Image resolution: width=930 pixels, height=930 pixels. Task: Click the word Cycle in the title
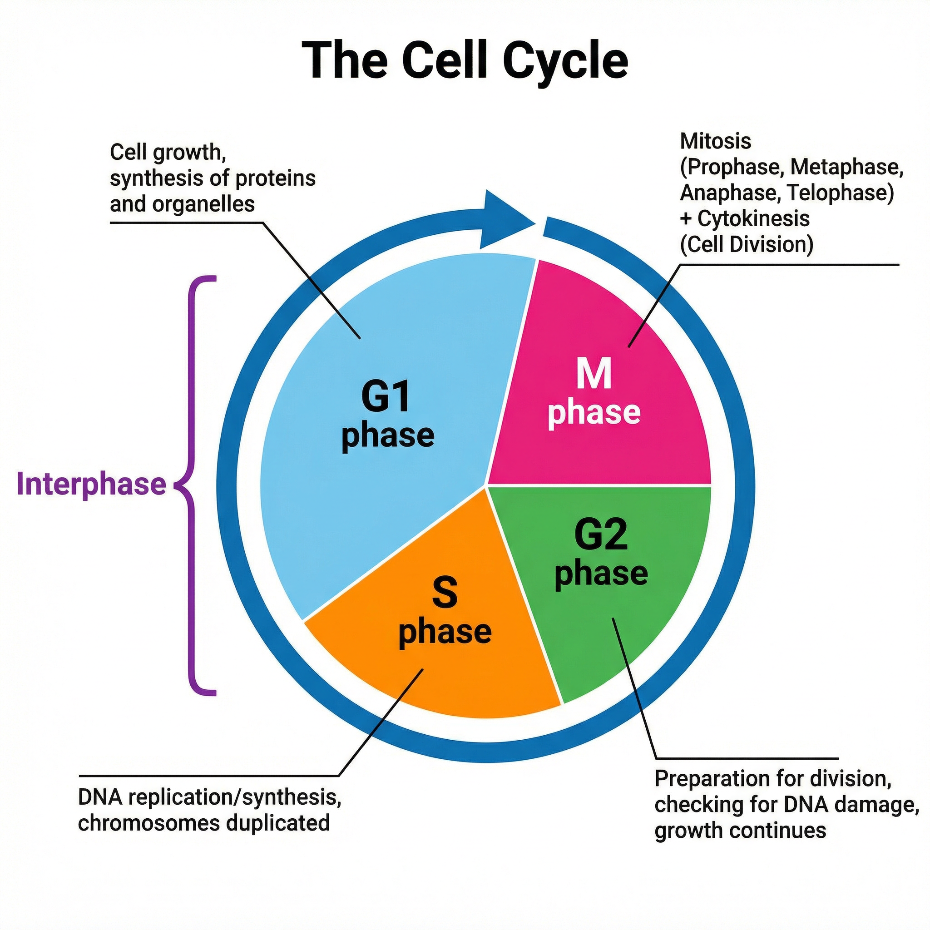click(x=566, y=61)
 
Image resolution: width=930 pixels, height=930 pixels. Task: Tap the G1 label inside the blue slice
click(x=386, y=396)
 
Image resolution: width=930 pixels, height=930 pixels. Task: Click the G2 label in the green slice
click(x=601, y=535)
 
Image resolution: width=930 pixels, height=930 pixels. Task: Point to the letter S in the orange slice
click(x=444, y=593)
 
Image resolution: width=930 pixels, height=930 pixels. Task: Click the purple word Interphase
click(x=91, y=484)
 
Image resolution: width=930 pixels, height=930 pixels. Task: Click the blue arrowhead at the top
click(x=505, y=220)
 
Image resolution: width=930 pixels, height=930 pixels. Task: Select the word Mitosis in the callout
click(x=715, y=141)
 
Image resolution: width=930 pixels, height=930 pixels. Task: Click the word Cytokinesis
click(x=753, y=218)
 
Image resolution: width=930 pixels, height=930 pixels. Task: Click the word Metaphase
click(x=846, y=167)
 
